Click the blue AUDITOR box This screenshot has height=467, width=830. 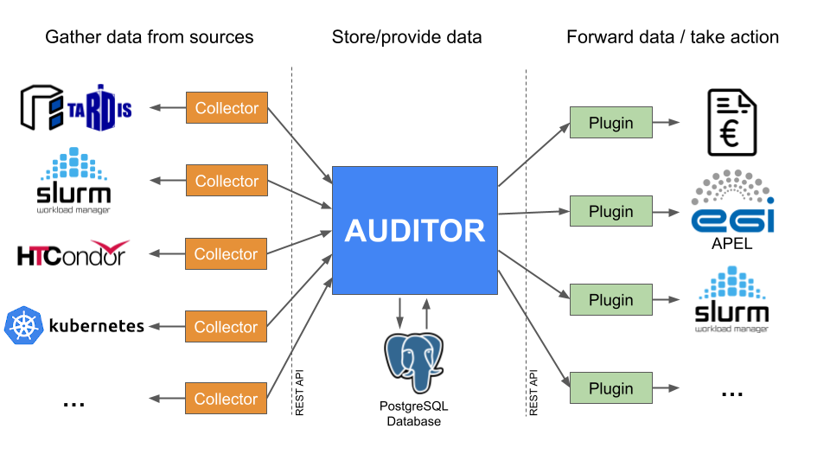click(415, 230)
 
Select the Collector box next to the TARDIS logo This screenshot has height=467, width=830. click(227, 108)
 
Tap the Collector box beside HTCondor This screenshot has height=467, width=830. click(227, 254)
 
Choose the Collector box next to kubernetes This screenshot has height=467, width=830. click(227, 327)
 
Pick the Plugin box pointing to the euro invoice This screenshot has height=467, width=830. click(610, 123)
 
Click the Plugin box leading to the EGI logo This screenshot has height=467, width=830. click(610, 212)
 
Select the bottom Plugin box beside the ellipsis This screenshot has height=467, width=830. click(610, 389)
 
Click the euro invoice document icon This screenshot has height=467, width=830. click(731, 123)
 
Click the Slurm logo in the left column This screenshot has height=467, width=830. click(73, 182)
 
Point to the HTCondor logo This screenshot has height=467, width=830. click(73, 254)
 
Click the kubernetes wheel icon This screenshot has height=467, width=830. click(23, 326)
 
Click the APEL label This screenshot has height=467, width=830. click(731, 244)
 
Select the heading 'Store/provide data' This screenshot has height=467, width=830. click(406, 37)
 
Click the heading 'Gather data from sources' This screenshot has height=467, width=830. click(149, 37)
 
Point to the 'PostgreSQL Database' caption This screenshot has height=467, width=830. click(414, 414)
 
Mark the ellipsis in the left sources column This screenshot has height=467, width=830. click(73, 403)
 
